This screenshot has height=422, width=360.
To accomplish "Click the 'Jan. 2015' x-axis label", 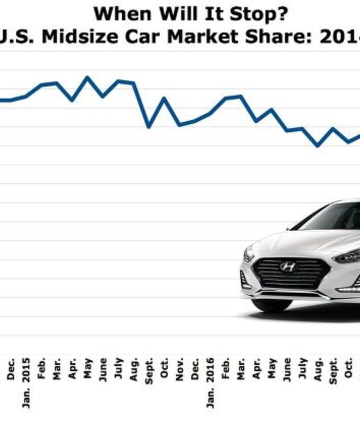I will coord(26,382).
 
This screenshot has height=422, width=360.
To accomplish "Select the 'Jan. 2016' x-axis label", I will coord(210,382).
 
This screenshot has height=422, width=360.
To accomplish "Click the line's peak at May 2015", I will coord(87,77).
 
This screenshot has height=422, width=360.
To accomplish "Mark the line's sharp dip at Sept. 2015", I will coord(148,127).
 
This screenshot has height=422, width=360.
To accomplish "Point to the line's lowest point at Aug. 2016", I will coord(317,146).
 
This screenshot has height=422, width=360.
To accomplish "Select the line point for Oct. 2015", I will coord(164,98).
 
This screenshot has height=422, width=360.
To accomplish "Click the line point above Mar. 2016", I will coord(241,96).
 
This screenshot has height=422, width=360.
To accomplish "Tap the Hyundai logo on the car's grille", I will coord(288,267).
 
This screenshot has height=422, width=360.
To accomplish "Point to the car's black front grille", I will coord(290,274).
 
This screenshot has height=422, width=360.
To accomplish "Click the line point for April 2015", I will coord(72,100).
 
